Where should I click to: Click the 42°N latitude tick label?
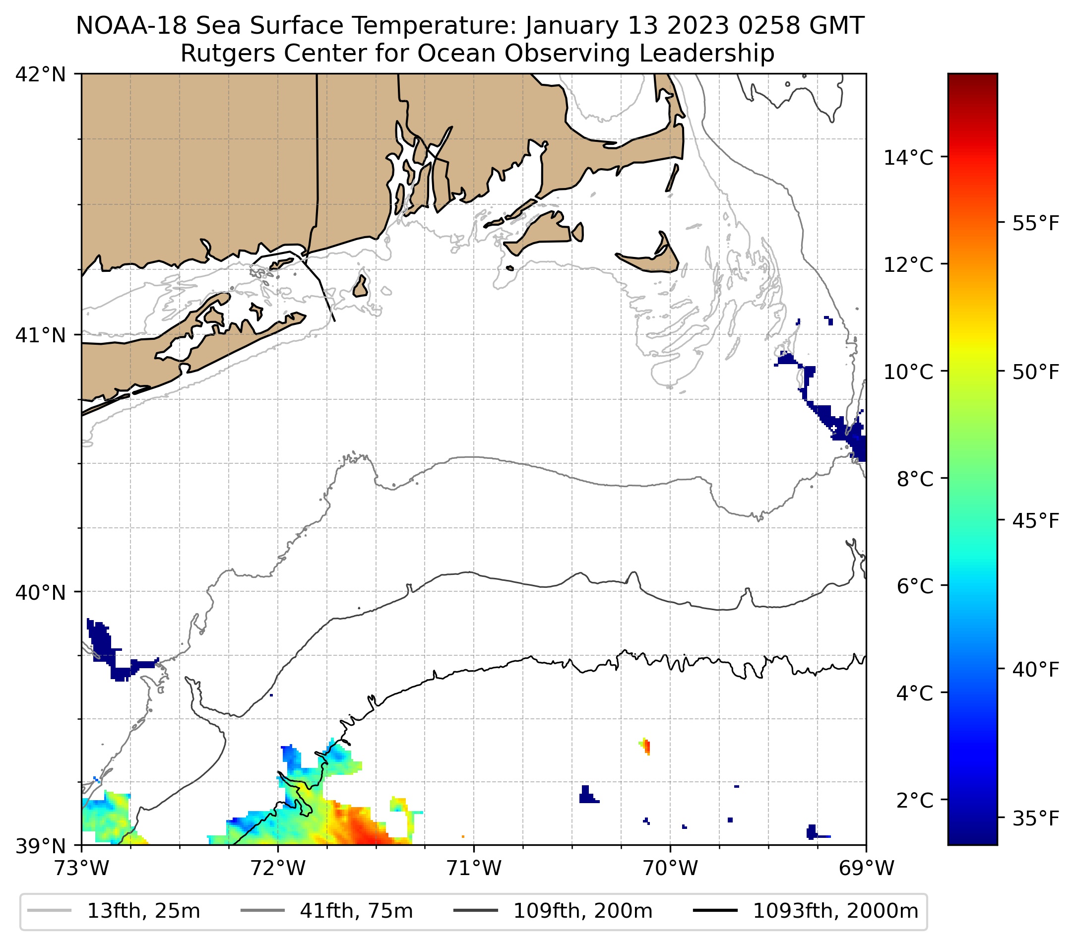pos(41,75)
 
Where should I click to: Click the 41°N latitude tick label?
pos(41,335)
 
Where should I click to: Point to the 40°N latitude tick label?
pos(41,593)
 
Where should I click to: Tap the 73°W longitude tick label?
pos(81,868)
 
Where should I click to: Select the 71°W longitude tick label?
pos(474,868)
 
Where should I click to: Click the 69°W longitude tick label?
pos(866,868)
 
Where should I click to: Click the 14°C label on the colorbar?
pos(908,157)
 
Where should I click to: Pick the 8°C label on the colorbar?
pos(914,479)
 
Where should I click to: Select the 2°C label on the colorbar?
pos(914,800)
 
